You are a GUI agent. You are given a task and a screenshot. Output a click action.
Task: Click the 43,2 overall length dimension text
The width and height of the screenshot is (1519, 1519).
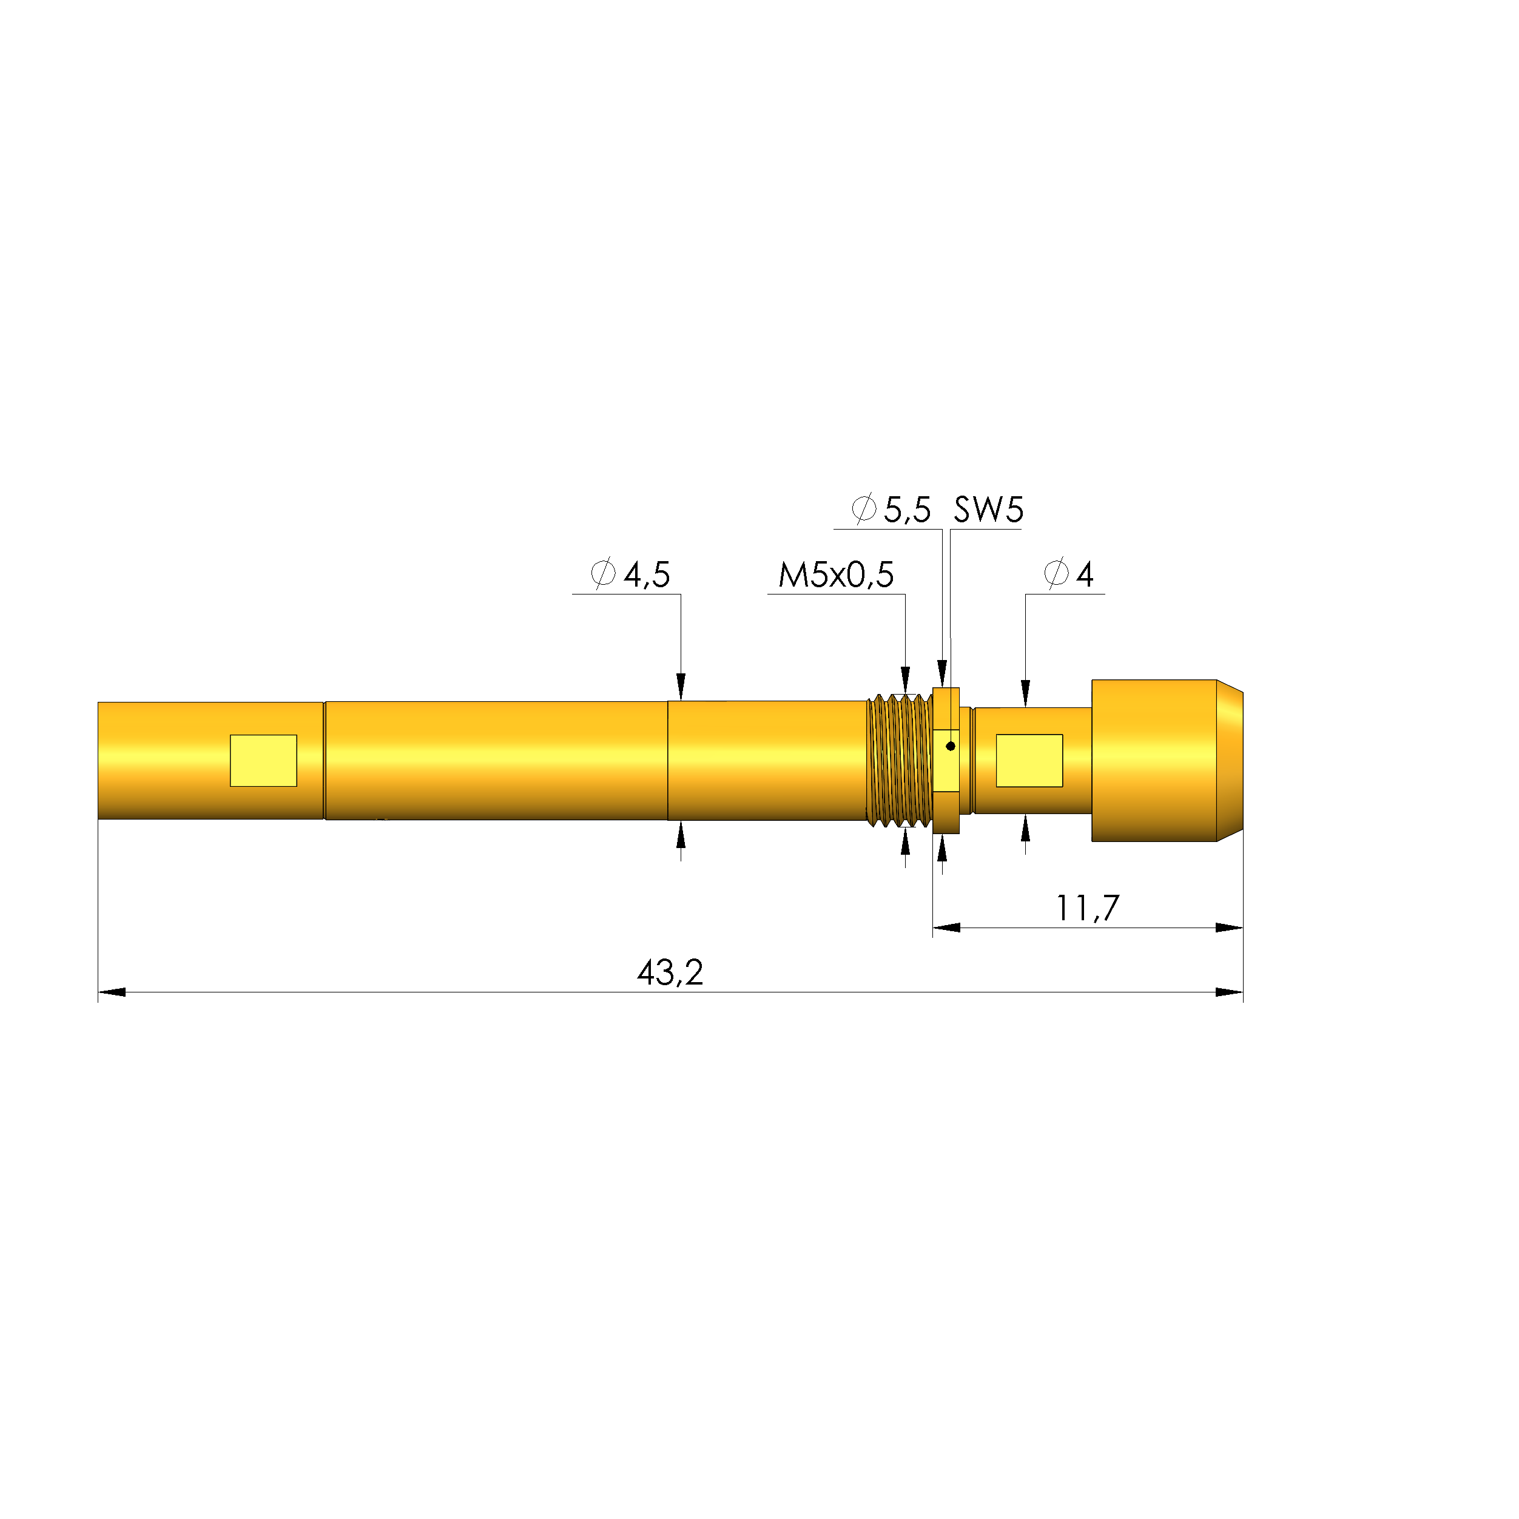pos(670,974)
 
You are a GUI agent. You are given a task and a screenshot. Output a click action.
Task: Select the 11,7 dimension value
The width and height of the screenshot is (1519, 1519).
pos(1086,908)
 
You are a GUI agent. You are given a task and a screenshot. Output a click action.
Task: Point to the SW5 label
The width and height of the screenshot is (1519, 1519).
pos(988,510)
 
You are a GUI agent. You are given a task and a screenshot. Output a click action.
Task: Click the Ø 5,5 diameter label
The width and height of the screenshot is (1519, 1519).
pos(892,510)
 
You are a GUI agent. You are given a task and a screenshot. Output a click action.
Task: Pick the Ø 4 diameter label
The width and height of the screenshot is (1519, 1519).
pos(1069,574)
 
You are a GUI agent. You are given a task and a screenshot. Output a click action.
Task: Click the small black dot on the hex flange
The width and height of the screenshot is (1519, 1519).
pos(951,746)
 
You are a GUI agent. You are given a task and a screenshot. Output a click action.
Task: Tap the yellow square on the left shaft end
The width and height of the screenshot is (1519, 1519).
pos(263,760)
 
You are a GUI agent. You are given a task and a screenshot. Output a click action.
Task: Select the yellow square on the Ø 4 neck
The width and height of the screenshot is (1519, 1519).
pos(1029,760)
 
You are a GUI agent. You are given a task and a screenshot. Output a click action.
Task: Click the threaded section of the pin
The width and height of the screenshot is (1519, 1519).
pos(900,760)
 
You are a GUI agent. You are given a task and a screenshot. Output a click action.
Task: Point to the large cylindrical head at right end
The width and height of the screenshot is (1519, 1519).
pos(1154,760)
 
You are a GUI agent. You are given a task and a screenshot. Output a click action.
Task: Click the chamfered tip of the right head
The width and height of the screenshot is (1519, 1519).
pos(1230,760)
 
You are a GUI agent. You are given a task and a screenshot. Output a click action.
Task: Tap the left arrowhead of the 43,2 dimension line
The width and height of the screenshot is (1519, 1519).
pos(111,992)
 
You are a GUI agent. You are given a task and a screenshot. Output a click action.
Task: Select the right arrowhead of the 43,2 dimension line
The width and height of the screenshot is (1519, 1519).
pos(1230,992)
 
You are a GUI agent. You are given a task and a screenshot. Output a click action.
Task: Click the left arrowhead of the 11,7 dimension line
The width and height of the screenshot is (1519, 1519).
pos(946,928)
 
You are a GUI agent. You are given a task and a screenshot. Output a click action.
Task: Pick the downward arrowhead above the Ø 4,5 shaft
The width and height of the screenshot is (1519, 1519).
pos(681,686)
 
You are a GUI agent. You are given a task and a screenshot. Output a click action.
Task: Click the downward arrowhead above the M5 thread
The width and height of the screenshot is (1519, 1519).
pos(906,679)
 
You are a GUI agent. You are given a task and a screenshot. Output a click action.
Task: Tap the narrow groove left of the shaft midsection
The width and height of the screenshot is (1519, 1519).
pos(324,760)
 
